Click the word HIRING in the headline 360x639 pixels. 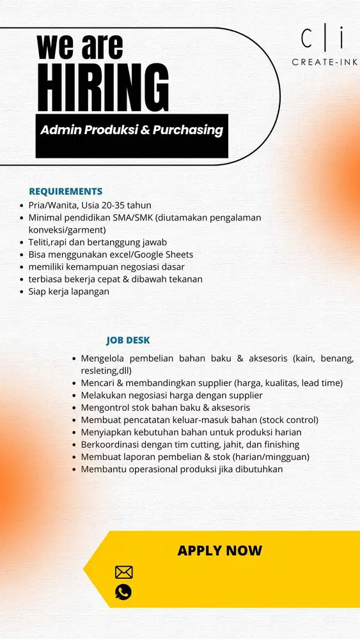tap(103, 88)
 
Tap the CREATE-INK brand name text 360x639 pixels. tap(324, 62)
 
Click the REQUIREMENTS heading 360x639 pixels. tap(65, 191)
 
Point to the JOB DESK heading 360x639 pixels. tap(128, 341)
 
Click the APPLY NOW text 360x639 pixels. tap(219, 551)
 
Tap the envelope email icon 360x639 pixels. tap(123, 572)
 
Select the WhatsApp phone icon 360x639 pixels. tap(123, 592)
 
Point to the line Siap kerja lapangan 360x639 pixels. tap(69, 291)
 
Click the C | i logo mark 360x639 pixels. tap(322, 39)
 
